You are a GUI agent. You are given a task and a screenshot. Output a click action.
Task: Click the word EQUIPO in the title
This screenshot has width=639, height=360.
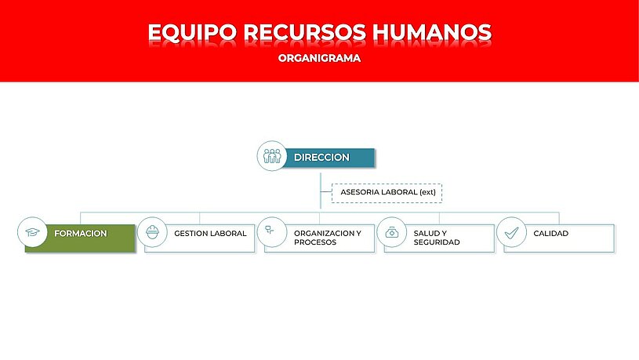[192, 32]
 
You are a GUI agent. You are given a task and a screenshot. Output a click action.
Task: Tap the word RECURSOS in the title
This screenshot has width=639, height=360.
[305, 32]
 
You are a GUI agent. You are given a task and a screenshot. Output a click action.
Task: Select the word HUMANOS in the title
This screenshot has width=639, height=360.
[432, 32]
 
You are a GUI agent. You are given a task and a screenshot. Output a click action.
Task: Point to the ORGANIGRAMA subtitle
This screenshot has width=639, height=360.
[320, 58]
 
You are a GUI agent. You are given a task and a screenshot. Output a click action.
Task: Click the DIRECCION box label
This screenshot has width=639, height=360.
[321, 158]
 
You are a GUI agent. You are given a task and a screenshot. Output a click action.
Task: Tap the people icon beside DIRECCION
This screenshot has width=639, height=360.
[272, 156]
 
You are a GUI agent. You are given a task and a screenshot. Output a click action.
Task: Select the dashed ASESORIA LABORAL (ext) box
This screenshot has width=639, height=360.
[387, 193]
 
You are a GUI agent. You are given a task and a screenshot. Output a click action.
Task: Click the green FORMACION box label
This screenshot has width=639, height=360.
[81, 234]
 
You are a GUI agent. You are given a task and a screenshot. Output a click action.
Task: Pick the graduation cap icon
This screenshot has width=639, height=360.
[32, 232]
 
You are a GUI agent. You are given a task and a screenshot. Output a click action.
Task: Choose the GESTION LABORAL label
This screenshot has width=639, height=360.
[210, 234]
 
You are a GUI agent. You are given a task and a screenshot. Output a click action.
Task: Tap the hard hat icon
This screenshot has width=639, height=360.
[152, 232]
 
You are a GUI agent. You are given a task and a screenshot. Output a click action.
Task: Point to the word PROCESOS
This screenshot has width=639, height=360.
[315, 242]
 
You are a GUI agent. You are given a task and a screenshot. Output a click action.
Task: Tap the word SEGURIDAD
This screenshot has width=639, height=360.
[437, 242]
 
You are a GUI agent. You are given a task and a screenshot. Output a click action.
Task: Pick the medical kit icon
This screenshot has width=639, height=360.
[391, 232]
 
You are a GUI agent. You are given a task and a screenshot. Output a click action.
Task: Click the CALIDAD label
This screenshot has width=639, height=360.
[551, 234]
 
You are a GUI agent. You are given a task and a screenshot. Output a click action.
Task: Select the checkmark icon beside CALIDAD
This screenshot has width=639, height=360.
[511, 232]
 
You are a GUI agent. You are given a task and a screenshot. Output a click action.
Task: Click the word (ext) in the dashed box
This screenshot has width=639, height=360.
[427, 192]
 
